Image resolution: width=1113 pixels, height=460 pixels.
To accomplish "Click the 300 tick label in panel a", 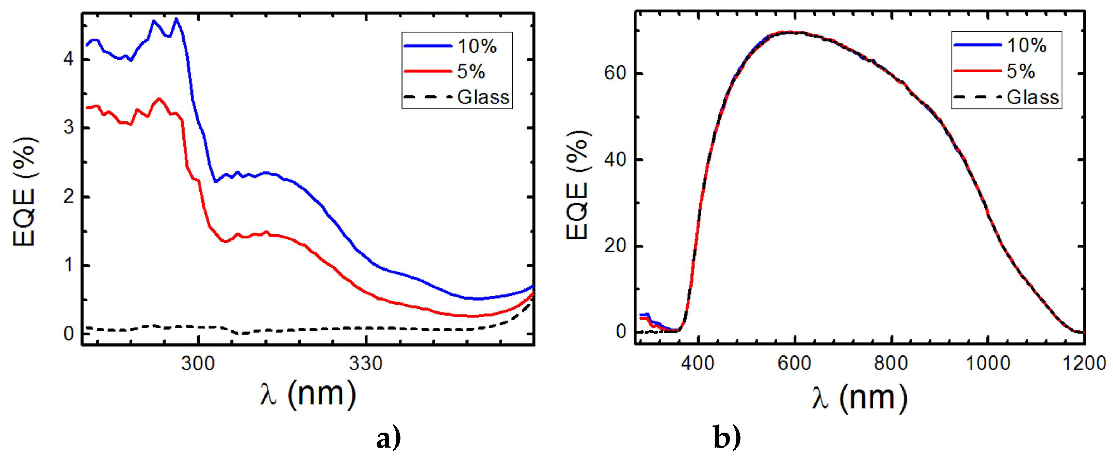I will [198, 364].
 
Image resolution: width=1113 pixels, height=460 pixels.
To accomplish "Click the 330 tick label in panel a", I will [365, 364].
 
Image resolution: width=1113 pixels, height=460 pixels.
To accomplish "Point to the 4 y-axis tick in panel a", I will [69, 59].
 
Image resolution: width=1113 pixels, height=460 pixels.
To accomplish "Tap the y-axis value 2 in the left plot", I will [69, 196].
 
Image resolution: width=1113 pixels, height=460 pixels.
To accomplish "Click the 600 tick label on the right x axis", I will [794, 363].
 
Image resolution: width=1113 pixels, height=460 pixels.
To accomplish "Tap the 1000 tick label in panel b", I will [988, 363].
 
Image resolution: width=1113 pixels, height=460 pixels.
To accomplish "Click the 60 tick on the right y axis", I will [615, 73].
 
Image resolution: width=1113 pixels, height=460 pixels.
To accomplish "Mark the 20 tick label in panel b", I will [615, 246].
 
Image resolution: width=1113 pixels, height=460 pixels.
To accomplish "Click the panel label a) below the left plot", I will [388, 439].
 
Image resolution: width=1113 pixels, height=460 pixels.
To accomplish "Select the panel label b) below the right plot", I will [727, 438].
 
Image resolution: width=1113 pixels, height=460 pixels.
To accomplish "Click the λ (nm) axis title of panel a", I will [308, 395].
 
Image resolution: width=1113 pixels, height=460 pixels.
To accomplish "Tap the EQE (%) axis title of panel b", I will [577, 186].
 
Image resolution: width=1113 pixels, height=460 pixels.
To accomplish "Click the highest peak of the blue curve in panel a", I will [176, 19].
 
